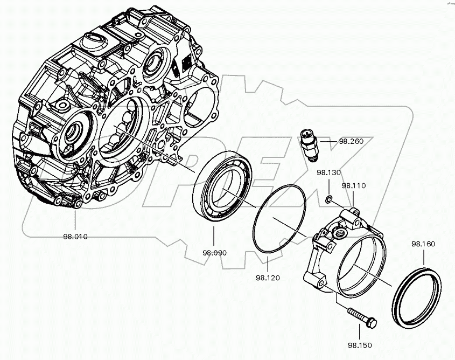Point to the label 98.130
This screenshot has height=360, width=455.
(329, 173)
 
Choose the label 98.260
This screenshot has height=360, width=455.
(352, 142)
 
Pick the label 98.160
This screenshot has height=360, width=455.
(423, 244)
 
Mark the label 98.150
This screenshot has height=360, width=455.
(360, 344)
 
